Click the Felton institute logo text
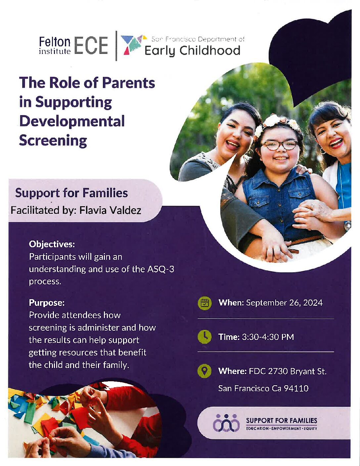pyautogui.click(x=55, y=45)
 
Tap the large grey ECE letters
pyautogui.click(x=91, y=45)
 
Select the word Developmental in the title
pyautogui.click(x=72, y=121)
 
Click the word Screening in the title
pyautogui.click(x=53, y=141)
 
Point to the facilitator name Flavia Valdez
pyautogui.click(x=110, y=210)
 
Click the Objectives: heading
pyautogui.click(x=52, y=244)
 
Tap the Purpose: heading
pyautogui.click(x=47, y=303)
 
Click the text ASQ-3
pyautogui.click(x=161, y=269)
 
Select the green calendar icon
pyautogui.click(x=204, y=303)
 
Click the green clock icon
pyautogui.click(x=204, y=337)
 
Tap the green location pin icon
pyautogui.click(x=204, y=371)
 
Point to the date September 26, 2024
pyautogui.click(x=284, y=303)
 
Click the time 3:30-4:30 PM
pyautogui.click(x=268, y=337)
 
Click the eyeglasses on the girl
pyautogui.click(x=280, y=145)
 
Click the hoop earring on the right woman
pyautogui.click(x=323, y=151)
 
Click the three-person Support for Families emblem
pyautogui.click(x=226, y=423)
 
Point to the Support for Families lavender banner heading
pyautogui.click(x=71, y=193)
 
